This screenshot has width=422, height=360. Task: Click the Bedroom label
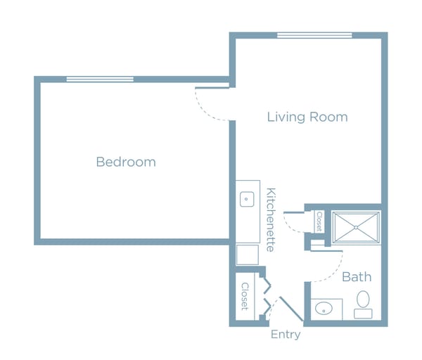point(126,162)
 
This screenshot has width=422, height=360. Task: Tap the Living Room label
point(307,117)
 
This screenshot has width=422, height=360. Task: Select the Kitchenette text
point(271,220)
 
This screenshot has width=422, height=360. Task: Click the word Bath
point(357,277)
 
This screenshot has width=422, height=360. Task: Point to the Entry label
point(286,335)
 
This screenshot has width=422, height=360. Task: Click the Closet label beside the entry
point(245,296)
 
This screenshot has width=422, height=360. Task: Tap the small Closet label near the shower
point(319,221)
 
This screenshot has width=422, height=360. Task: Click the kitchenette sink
point(247,199)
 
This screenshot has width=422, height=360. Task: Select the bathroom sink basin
point(324,309)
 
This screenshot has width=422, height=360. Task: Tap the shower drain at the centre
point(356,228)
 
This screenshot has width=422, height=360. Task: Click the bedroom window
point(100,79)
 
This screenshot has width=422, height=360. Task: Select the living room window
point(314,35)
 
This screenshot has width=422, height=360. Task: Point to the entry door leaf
point(291,309)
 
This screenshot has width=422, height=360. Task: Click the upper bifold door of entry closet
point(267,285)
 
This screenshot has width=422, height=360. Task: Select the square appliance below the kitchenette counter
point(248,255)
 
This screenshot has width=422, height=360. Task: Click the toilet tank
point(363,314)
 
